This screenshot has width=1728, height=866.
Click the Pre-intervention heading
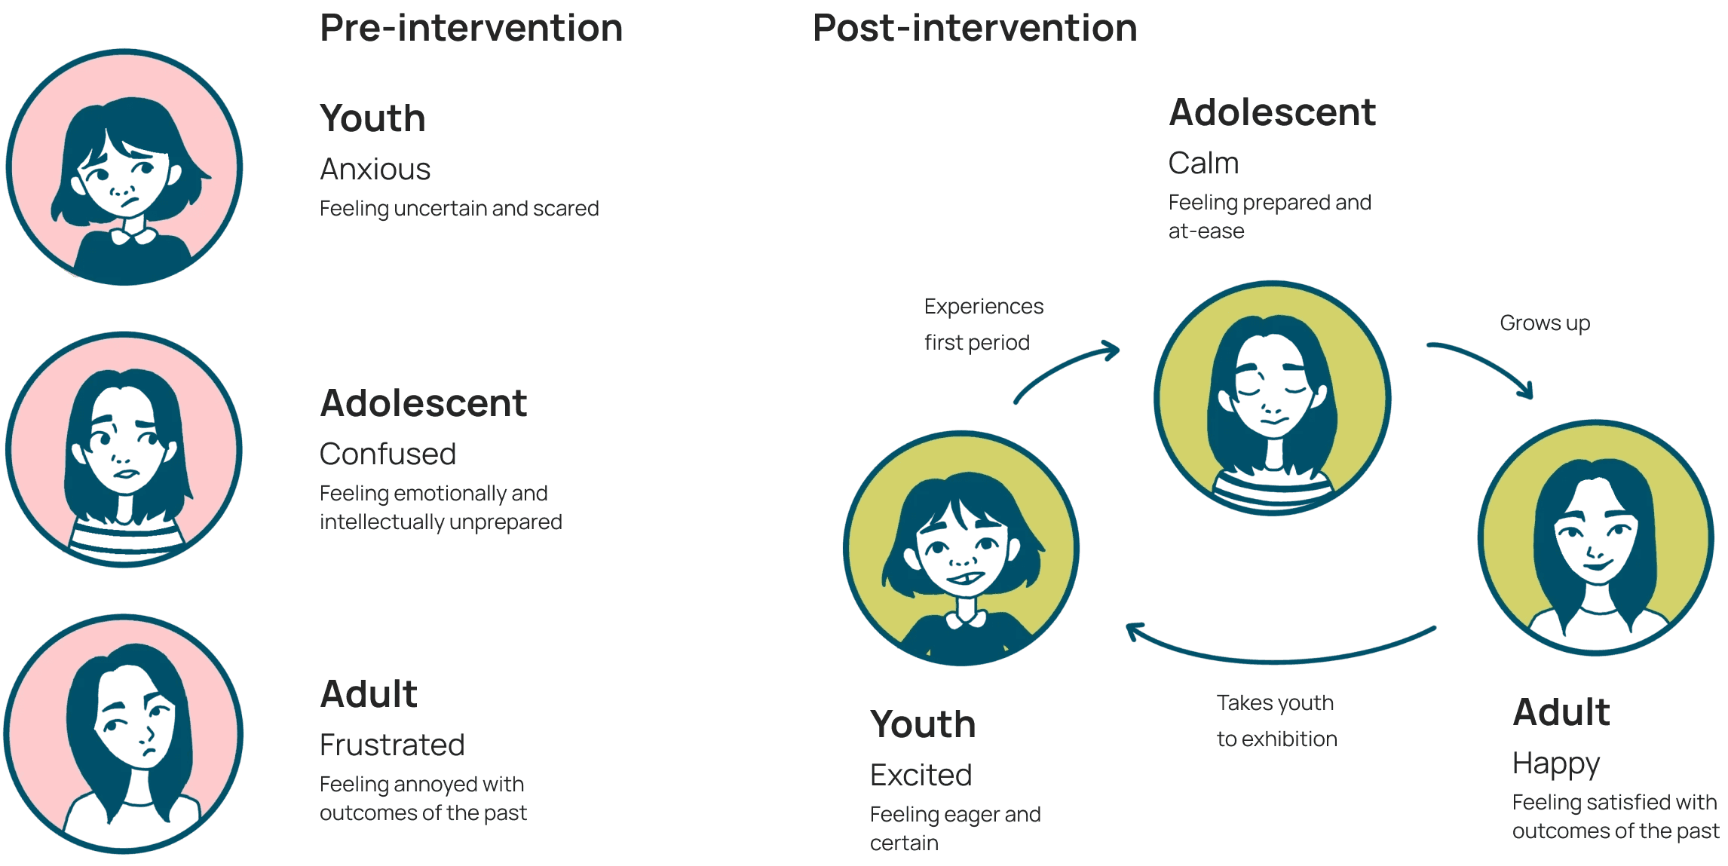point(471,29)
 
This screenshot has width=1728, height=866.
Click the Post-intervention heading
point(974,29)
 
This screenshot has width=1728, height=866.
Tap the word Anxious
point(375,170)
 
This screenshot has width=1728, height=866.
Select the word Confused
point(388,454)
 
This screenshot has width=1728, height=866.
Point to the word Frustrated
point(392,745)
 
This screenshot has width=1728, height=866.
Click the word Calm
point(1203,164)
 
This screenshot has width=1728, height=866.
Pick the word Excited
point(921,776)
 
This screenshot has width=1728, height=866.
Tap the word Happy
point(1555,764)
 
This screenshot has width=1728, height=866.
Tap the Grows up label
point(1544,323)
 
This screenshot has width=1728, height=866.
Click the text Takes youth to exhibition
point(1276,721)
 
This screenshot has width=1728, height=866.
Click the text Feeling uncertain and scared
point(459,209)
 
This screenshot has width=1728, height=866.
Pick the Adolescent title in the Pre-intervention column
point(423,403)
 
